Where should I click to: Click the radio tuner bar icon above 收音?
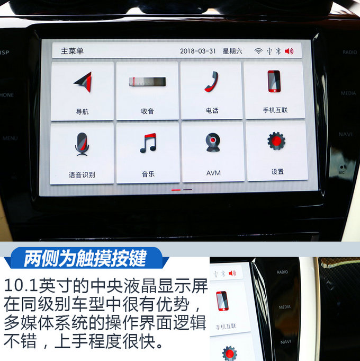tap(147, 82)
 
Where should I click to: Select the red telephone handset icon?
tap(211, 82)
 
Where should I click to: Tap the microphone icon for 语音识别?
tap(82, 144)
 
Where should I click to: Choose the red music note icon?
tap(148, 143)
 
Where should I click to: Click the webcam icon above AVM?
tap(213, 143)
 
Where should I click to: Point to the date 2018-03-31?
tap(198, 51)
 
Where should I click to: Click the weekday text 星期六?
tap(232, 51)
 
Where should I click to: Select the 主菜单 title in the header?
tap(72, 51)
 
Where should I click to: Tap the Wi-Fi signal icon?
tap(258, 51)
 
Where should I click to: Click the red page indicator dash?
tap(176, 190)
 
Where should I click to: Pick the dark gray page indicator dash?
tap(187, 190)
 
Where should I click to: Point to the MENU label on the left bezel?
tap(10, 138)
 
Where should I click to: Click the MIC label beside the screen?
tap(341, 172)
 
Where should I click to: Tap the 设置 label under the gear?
tap(277, 172)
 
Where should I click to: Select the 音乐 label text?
tap(148, 174)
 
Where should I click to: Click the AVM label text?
tap(213, 173)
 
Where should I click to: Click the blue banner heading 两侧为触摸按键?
tap(85, 258)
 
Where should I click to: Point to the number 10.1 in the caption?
tap(21, 286)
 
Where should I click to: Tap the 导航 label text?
tap(82, 112)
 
